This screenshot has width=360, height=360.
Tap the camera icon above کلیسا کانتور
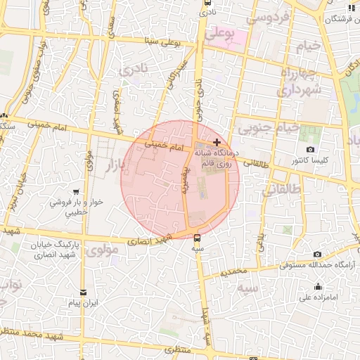point(311,149)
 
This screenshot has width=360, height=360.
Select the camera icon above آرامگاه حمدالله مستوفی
point(317,254)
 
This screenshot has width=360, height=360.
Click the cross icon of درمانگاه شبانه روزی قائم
point(217,142)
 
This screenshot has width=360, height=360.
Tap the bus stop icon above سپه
point(197,237)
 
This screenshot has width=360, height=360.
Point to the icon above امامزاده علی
point(319,286)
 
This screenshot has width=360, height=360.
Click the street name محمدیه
point(234,271)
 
